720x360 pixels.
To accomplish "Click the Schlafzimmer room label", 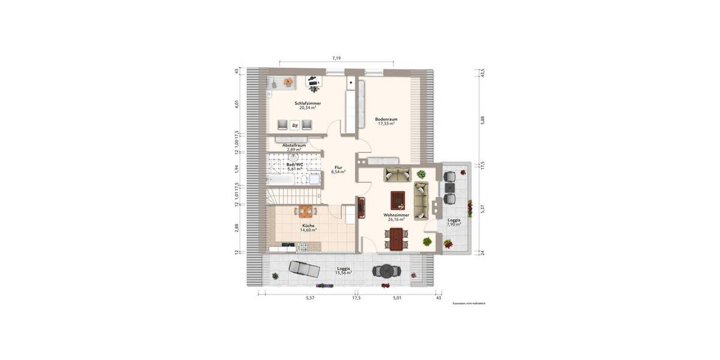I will [x=307, y=103].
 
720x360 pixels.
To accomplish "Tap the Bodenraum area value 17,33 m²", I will [x=386, y=124].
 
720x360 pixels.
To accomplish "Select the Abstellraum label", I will [x=295, y=145].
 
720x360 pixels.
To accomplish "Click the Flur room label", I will [x=338, y=167].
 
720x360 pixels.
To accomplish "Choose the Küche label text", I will [x=308, y=226].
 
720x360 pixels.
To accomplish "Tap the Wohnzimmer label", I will [x=396, y=215].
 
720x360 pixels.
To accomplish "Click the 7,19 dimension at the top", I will [x=337, y=58].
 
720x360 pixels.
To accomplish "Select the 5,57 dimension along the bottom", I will [x=310, y=298].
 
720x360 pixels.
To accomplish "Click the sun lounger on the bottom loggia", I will [x=303, y=268].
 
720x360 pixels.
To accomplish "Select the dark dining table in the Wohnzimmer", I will [x=396, y=239].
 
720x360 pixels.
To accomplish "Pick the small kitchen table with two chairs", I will [x=306, y=211].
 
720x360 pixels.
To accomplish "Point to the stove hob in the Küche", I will [x=286, y=245].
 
